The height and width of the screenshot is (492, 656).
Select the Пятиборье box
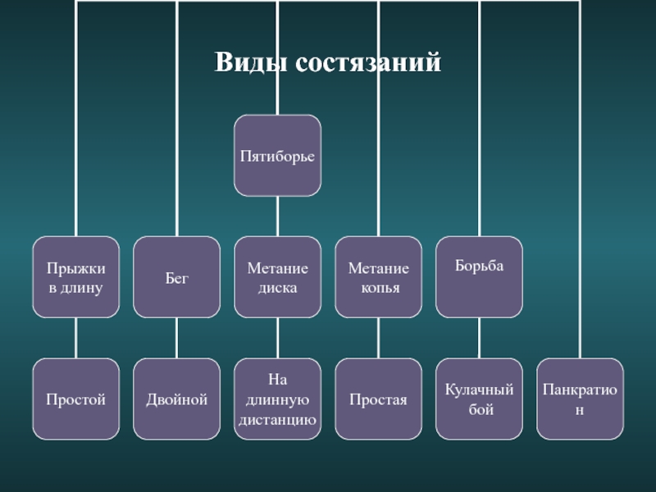(277, 155)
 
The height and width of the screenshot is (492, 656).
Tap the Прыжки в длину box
(75, 277)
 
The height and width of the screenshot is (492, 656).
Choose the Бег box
(177, 277)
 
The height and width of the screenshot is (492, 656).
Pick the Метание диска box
(277, 277)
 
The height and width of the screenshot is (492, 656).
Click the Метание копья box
(379, 277)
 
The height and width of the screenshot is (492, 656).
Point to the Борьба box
(479, 277)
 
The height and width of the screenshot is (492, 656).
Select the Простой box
(75, 399)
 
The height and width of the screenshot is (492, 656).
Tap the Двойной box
(177, 399)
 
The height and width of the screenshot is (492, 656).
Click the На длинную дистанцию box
(277, 399)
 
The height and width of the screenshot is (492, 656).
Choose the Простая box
(379, 399)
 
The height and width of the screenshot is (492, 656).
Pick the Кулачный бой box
(479, 399)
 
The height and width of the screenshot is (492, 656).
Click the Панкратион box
(580, 399)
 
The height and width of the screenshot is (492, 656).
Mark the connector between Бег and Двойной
(177, 338)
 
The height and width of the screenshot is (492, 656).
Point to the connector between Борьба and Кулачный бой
(480, 338)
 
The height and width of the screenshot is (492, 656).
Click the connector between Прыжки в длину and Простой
(76, 338)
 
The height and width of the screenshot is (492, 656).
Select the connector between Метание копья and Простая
(379, 338)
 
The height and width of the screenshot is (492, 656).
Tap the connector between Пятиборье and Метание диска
(277, 216)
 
